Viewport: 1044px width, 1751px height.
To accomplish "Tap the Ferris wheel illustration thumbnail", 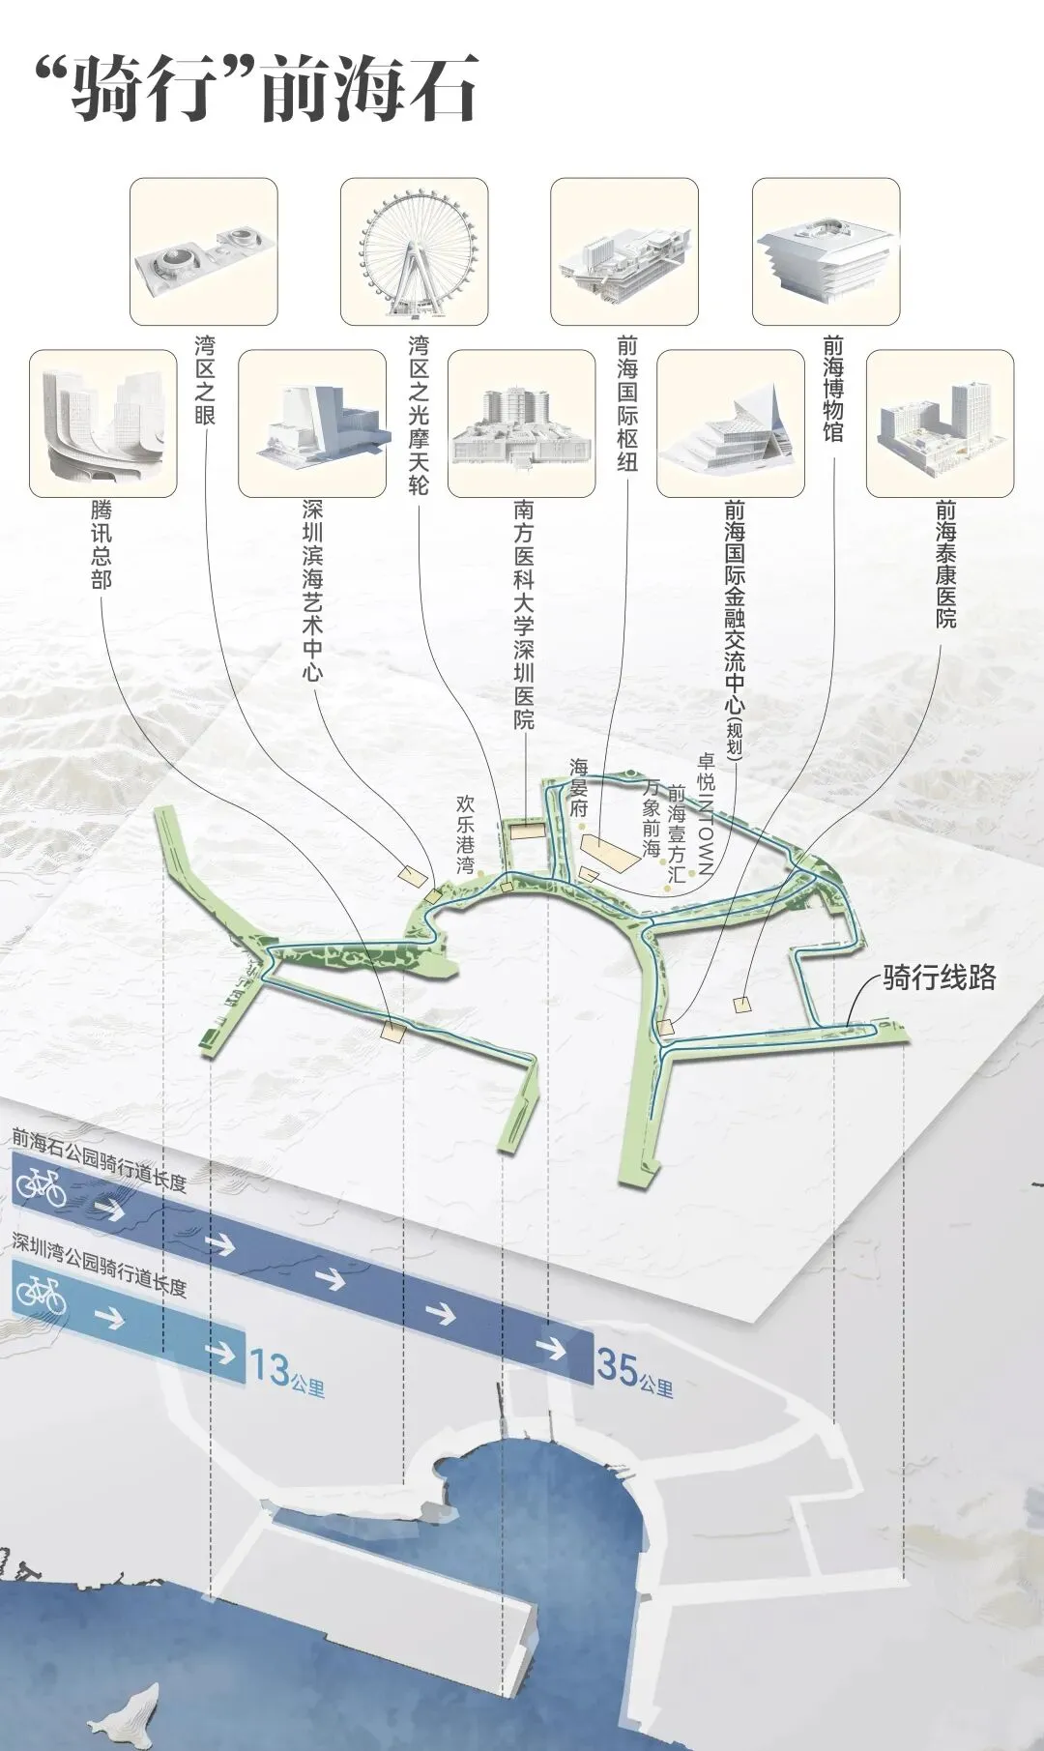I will [x=414, y=251].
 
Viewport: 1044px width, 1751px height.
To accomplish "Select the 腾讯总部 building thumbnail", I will [x=102, y=423].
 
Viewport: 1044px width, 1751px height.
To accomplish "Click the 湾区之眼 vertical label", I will [x=205, y=380].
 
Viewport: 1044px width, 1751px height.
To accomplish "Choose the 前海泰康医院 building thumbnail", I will [x=939, y=423].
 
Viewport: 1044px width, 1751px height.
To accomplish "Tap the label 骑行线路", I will [x=939, y=978].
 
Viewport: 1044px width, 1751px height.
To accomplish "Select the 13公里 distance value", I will [x=286, y=1370].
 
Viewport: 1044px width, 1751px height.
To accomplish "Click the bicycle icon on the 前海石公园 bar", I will [x=40, y=1186].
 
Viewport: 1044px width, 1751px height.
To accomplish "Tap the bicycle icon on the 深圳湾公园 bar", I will [x=41, y=1292].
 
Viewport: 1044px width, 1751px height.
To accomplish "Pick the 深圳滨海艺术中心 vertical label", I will [x=312, y=590].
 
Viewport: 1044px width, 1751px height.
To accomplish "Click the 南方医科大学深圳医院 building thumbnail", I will [x=521, y=423].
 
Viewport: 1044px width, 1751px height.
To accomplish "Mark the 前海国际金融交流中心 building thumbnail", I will [x=730, y=423].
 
